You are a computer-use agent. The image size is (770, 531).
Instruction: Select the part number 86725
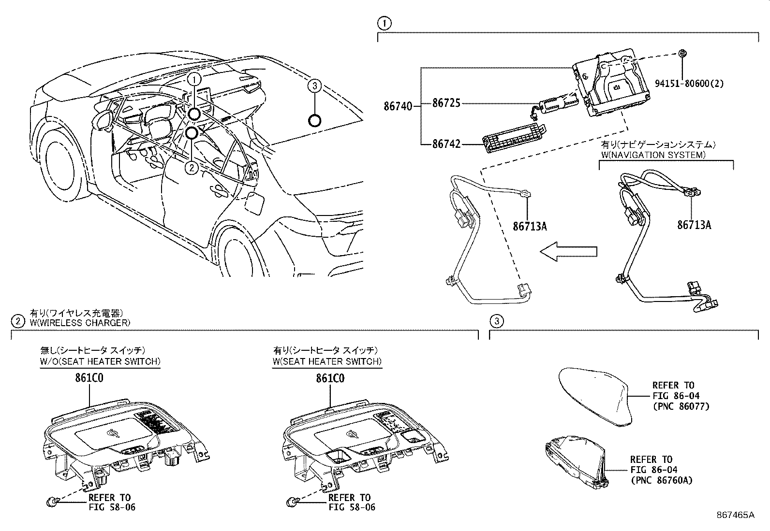[x=446, y=103]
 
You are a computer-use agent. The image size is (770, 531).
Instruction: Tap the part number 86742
[x=446, y=144]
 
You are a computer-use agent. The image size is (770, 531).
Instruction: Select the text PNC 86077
[x=681, y=406]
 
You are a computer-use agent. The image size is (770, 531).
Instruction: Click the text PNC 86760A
[x=661, y=480]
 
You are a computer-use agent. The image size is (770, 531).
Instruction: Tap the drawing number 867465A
[x=735, y=515]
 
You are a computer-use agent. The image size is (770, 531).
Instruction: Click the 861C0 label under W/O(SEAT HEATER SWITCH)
[x=89, y=379]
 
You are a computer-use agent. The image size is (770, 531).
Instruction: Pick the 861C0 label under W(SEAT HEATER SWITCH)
[x=330, y=379]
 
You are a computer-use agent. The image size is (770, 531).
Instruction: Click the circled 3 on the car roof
[x=314, y=86]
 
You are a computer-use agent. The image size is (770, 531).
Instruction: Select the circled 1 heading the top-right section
[x=384, y=23]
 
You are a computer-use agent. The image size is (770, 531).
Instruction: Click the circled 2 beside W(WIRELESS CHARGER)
[x=17, y=321]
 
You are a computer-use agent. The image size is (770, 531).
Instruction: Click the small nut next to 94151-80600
[x=682, y=54]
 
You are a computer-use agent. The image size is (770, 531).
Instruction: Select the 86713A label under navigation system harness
[x=694, y=225]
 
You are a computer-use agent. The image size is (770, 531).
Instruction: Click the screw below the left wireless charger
[x=53, y=503]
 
